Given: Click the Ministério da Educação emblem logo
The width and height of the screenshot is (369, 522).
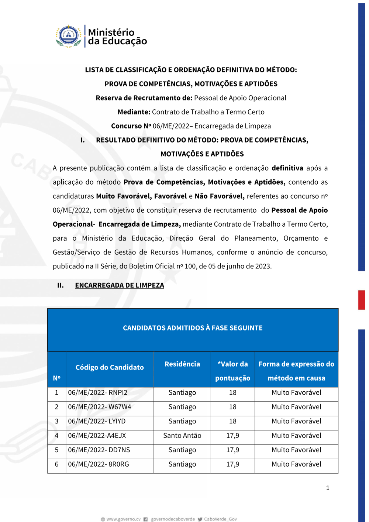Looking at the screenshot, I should (x=69, y=36).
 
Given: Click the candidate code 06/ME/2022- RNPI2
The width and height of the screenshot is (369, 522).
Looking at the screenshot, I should (x=97, y=392).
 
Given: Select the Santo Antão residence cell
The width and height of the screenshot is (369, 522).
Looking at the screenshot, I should (x=182, y=436).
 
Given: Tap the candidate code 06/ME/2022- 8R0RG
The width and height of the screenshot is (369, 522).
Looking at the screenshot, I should (x=99, y=464).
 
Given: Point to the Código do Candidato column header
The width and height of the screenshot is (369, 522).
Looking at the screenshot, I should (x=110, y=367).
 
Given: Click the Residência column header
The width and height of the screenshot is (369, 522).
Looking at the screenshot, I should (x=182, y=364).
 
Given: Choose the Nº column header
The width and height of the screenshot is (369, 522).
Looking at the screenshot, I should (x=56, y=378).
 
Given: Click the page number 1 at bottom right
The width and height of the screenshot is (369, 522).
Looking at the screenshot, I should (x=328, y=488).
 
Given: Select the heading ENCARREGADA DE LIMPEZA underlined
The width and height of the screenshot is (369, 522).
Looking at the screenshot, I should (x=120, y=285).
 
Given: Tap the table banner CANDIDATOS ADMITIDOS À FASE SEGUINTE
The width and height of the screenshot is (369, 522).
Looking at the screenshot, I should (x=193, y=328).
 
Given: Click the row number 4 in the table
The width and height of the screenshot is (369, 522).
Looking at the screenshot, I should (x=56, y=436).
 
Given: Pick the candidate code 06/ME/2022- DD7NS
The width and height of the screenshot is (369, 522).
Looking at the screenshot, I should (x=99, y=450).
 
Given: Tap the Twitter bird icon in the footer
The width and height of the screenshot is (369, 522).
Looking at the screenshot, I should (x=200, y=519).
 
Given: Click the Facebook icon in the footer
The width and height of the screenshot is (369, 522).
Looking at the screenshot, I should (x=146, y=519).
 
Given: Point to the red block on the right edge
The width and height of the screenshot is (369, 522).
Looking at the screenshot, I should (x=362, y=300).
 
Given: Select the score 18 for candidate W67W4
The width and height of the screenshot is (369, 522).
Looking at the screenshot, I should (x=232, y=407).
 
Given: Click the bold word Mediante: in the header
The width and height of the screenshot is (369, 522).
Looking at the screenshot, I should (x=134, y=112).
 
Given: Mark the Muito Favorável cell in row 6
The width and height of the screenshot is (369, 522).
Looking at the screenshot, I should (x=296, y=464).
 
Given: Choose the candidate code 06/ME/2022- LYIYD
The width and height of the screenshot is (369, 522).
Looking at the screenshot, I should (x=97, y=421).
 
